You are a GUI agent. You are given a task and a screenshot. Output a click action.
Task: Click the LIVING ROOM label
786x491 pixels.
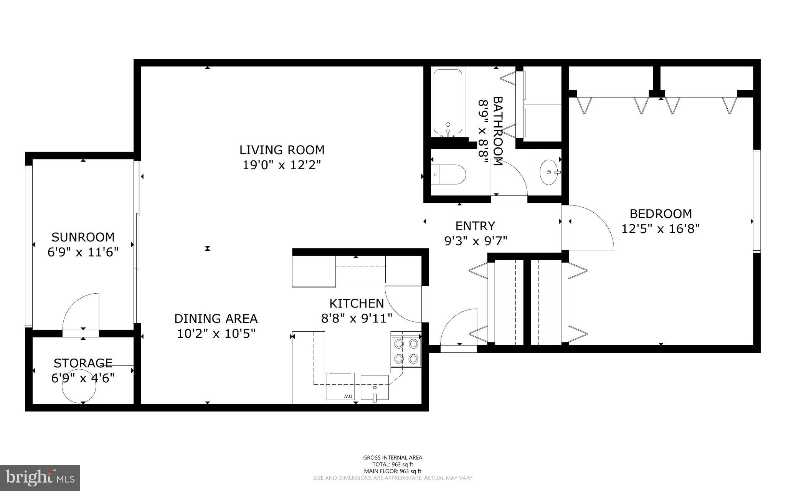click(282, 150)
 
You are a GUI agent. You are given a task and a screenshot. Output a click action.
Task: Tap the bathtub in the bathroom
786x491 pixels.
click(447, 102)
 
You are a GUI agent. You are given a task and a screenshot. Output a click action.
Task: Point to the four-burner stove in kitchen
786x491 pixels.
click(406, 351)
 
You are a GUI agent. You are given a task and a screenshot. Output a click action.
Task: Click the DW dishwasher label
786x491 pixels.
click(348, 396)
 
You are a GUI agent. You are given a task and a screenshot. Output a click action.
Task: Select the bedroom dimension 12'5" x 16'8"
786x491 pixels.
click(660, 229)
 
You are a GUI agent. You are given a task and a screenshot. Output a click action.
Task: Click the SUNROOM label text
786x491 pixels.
click(83, 237)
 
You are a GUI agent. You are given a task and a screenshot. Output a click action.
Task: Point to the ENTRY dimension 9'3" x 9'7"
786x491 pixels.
click(476, 241)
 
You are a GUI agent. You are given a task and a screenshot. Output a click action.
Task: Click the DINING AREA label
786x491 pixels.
click(216, 319)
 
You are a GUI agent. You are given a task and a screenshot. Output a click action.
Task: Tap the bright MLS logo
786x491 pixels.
click(40, 478)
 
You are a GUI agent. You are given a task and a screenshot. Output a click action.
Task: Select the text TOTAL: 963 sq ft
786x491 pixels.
click(393, 464)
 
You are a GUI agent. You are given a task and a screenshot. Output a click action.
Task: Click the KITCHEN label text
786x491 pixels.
click(357, 303)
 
